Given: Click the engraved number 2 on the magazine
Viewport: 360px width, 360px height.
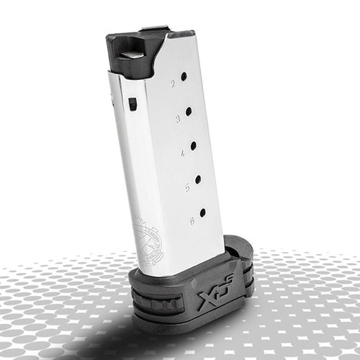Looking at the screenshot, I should click(173, 84).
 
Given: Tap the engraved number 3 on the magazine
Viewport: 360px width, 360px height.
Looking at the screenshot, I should click(178, 119).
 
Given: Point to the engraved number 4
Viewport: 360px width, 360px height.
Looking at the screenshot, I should click(183, 153).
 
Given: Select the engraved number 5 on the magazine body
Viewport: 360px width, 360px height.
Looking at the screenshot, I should click(187, 187).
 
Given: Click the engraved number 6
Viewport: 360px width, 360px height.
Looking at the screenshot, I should click(192, 221).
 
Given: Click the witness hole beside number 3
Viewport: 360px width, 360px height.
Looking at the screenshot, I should click(189, 111).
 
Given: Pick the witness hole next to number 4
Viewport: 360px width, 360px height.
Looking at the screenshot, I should click(193, 145).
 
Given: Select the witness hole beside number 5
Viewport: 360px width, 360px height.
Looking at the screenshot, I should click(198, 179).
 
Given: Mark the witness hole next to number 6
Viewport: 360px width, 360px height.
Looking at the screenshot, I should click(202, 212).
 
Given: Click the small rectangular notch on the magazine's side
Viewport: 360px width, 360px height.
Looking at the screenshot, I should click(132, 104).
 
